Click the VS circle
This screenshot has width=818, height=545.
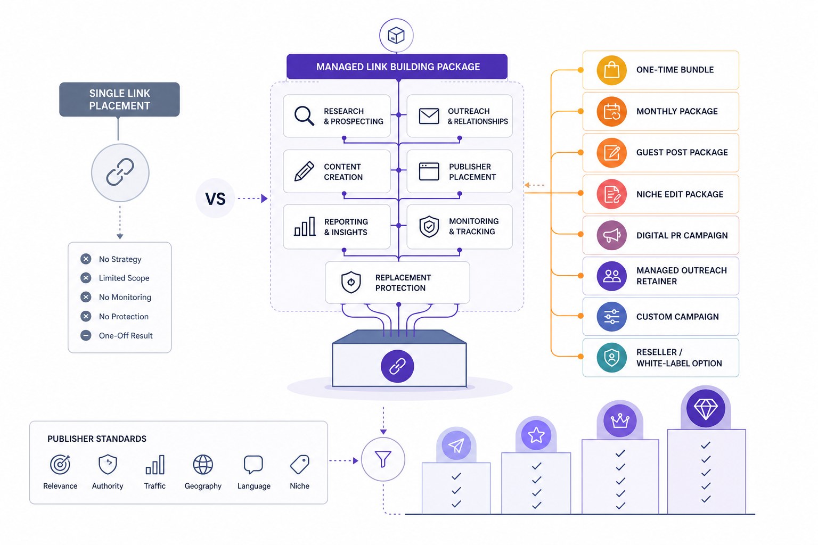pyautogui.click(x=215, y=198)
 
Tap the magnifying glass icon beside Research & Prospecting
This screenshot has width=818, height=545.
pyautogui.click(x=304, y=115)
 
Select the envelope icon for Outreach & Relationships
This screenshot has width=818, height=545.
pyautogui.click(x=429, y=116)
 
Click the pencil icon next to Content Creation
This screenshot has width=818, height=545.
pyautogui.click(x=304, y=171)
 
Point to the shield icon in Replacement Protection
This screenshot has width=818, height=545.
pyautogui.click(x=351, y=282)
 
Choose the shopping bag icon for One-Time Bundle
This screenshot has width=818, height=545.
pyautogui.click(x=612, y=70)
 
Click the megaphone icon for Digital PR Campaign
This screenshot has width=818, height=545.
pyautogui.click(x=612, y=235)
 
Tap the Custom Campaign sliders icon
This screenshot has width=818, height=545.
pyautogui.click(x=612, y=317)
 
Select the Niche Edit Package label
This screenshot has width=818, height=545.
pyautogui.click(x=680, y=194)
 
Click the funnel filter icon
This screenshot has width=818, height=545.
pyautogui.click(x=383, y=459)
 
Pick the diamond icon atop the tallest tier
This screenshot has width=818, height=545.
pyautogui.click(x=706, y=408)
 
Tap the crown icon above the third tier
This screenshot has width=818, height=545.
pyautogui.click(x=620, y=421)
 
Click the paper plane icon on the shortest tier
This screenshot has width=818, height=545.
pyautogui.click(x=456, y=445)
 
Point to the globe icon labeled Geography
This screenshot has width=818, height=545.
pyautogui.click(x=203, y=465)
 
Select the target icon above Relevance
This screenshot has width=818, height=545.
pyautogui.click(x=60, y=464)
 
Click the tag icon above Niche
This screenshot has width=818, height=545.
pyautogui.click(x=300, y=464)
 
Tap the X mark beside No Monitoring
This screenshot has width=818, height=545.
pyautogui.click(x=86, y=297)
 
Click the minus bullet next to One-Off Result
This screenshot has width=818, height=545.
pyautogui.click(x=86, y=335)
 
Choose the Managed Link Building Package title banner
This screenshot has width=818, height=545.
pyautogui.click(x=397, y=67)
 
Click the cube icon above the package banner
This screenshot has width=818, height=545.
pyautogui.click(x=396, y=36)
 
